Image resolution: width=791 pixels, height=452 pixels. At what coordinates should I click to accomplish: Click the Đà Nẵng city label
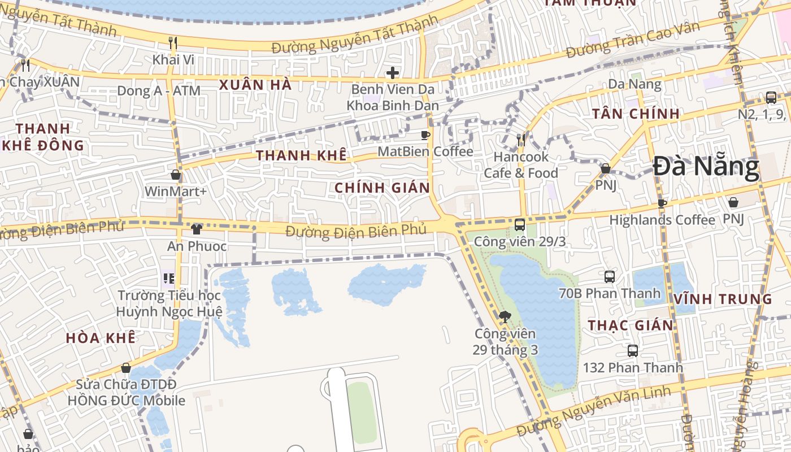706,167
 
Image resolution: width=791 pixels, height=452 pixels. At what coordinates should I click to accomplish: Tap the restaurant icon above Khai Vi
173,42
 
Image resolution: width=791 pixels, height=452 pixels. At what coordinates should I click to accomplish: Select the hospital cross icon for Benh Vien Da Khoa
392,73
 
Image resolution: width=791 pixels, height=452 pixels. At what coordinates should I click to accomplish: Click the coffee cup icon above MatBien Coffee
425,135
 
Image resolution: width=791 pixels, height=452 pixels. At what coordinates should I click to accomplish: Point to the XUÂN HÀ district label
255,85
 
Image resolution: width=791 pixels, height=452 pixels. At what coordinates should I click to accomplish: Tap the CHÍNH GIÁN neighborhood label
382,188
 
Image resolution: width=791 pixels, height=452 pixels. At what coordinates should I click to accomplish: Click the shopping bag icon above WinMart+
176,175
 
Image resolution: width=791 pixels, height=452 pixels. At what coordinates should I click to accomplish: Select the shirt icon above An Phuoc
197,229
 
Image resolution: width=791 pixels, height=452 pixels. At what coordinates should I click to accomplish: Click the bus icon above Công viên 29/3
520,225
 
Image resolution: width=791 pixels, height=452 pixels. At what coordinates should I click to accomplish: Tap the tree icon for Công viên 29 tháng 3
505,317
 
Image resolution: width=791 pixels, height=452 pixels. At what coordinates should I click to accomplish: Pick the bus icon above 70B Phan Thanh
610,277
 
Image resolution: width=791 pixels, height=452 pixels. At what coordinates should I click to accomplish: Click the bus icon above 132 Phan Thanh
633,351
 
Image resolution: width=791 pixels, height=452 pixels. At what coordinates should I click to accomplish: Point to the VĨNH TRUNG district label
723,299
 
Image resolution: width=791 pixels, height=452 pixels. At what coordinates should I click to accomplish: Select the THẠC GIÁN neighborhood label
631,325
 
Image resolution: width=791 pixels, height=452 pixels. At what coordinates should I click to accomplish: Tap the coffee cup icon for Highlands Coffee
662,203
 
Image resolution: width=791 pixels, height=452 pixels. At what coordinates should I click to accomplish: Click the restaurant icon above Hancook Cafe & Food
521,140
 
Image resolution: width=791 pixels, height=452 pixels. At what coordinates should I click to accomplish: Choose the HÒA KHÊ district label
101,338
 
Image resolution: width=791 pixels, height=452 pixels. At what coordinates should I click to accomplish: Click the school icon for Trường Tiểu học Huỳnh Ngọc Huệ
168,278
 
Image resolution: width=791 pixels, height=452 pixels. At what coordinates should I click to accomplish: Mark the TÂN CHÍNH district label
636,114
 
